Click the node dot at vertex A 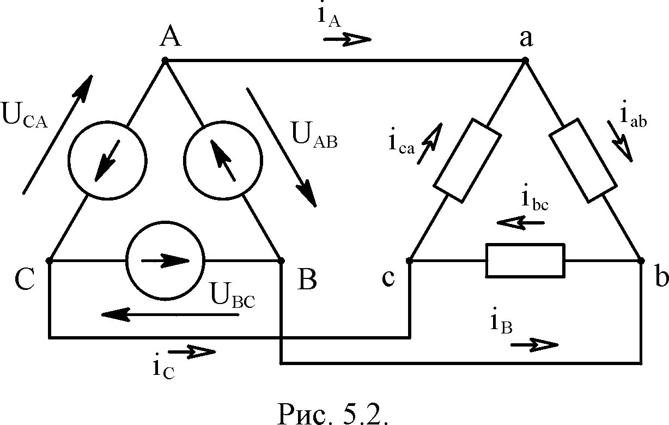(165, 60)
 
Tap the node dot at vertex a (525, 60)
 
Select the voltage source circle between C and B (165, 260)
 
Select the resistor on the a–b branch (583, 159)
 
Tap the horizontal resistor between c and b (525, 261)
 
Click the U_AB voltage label (315, 135)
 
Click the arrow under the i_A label (347, 39)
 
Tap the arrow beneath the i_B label (535, 344)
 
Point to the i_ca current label (401, 143)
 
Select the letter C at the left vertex (25, 279)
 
